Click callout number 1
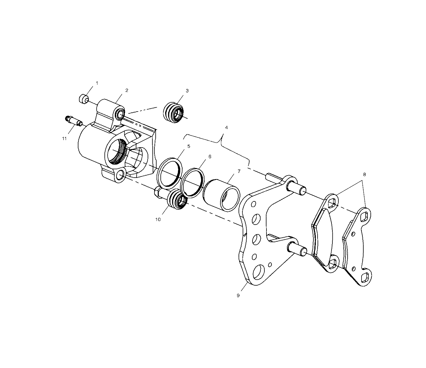[97, 83]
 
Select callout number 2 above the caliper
[127, 90]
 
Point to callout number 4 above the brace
[226, 127]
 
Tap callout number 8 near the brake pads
[364, 175]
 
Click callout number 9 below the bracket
[238, 295]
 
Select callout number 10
[158, 219]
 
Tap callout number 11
[64, 138]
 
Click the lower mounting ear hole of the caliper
[120, 175]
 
